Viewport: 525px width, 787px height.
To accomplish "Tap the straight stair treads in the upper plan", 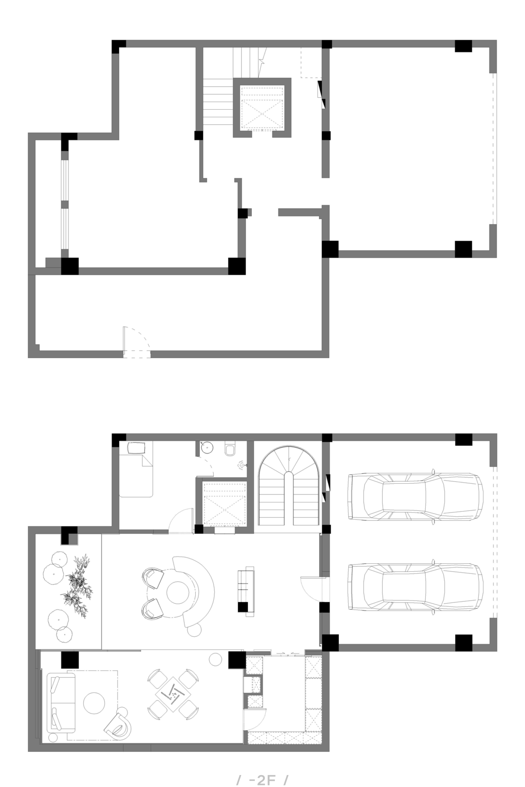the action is coord(218,102).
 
